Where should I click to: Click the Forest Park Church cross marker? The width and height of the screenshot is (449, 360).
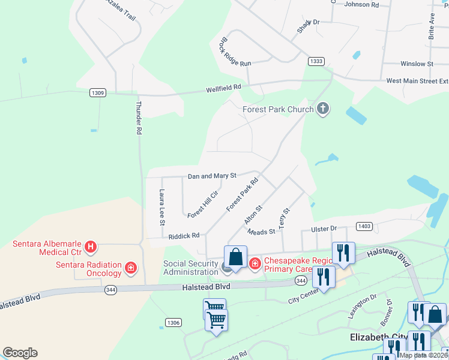(x=323, y=109)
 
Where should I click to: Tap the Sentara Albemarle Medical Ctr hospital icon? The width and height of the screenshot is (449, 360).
(x=90, y=247)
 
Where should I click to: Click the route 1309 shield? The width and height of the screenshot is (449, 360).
(x=98, y=93)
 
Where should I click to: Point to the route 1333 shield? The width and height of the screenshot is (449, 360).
(x=317, y=61)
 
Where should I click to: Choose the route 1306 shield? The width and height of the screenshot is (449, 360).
(x=173, y=323)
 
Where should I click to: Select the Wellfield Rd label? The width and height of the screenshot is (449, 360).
(x=223, y=88)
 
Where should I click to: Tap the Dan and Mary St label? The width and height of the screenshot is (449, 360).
(x=212, y=176)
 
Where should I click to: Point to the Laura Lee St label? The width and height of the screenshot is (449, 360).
(x=161, y=207)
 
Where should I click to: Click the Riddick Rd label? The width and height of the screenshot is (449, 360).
(x=184, y=236)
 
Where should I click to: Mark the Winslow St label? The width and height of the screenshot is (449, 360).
(x=417, y=64)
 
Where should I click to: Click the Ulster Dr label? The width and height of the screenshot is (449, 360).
(x=324, y=229)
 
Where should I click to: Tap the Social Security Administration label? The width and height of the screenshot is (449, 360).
(x=191, y=267)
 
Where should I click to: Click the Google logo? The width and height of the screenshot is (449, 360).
(x=20, y=353)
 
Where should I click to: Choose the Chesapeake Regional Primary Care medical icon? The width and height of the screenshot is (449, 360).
(x=255, y=263)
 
